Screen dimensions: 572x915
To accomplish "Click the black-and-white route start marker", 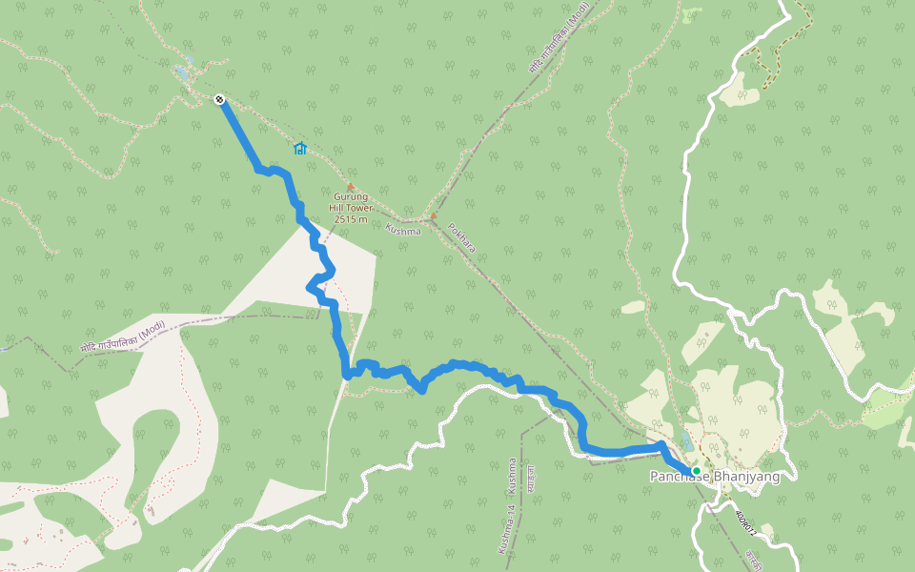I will point(220,99).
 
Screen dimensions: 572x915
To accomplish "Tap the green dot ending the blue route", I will point(697,471).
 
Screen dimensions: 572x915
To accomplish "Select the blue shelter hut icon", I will point(300,148).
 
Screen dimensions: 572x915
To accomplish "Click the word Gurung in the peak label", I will point(351,197).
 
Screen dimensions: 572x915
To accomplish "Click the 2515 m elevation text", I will point(351,219).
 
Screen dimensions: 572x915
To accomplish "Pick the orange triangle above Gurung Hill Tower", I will point(351,187).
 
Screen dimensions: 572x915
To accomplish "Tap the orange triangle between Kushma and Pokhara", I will point(434,215).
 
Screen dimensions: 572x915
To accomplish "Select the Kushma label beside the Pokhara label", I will point(402,230).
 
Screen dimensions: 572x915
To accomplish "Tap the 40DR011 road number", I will point(751,521).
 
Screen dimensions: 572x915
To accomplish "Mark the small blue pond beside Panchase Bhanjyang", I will point(686,442).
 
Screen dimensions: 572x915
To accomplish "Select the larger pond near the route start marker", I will point(182,71).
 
